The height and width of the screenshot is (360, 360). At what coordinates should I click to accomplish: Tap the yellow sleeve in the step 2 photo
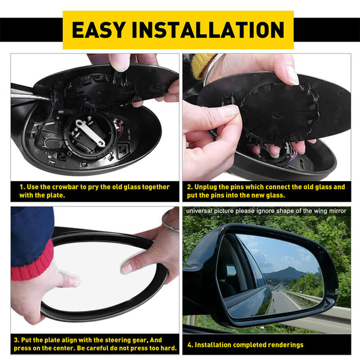click(203, 64)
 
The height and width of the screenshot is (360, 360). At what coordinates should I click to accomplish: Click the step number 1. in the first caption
click(22, 187)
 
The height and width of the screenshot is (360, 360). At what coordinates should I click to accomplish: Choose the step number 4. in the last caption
click(190, 345)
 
